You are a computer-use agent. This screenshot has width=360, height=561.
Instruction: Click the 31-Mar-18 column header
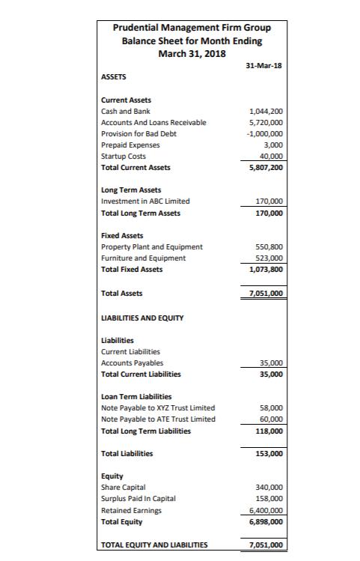point(263,65)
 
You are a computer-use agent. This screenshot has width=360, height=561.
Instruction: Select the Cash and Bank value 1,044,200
point(265,111)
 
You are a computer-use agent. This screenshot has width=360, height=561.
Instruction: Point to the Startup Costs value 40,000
point(270,156)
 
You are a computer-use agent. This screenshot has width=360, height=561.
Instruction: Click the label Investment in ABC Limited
point(145,201)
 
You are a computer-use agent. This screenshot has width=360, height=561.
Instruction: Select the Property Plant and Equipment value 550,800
point(269,246)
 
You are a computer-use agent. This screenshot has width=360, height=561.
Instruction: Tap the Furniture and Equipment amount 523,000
point(269,258)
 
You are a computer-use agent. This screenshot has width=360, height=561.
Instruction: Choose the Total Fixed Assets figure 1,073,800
point(265,269)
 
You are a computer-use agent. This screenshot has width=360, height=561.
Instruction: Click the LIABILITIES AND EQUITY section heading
point(142,317)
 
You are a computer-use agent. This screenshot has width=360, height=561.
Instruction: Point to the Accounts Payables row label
point(132,363)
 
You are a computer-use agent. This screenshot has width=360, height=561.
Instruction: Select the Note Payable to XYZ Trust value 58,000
point(271,407)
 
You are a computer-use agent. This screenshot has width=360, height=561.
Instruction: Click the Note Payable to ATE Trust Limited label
point(158,419)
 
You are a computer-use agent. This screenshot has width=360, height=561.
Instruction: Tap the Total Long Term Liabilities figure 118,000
point(269,431)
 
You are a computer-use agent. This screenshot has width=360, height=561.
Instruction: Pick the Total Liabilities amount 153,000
point(269,454)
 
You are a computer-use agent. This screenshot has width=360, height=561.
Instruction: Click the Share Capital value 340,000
point(269,487)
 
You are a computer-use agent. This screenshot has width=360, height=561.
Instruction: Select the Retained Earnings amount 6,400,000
point(265,509)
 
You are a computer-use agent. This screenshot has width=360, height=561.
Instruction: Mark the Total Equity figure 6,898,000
point(265,521)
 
